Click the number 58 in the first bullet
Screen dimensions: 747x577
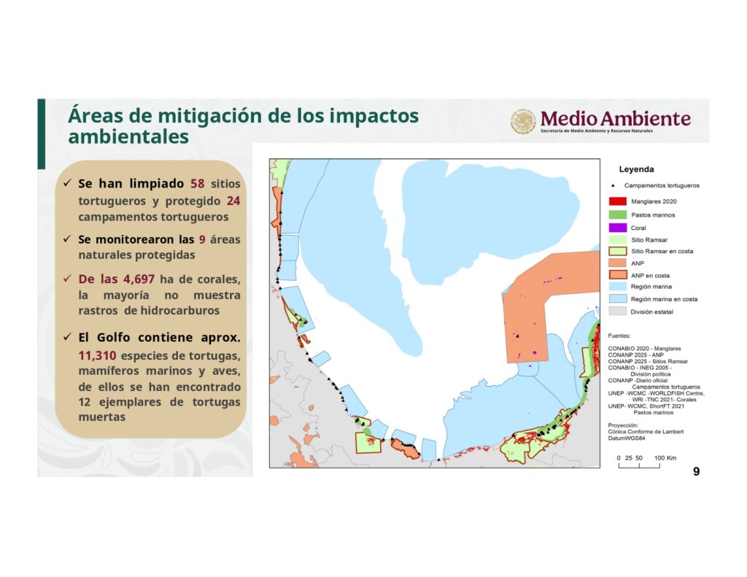coord(197,183)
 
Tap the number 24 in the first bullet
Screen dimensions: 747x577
coord(233,201)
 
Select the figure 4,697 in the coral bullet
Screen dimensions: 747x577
coord(139,279)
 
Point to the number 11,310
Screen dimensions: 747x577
coord(97,355)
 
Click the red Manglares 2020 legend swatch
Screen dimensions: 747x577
coord(618,201)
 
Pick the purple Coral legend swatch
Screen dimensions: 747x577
coord(618,228)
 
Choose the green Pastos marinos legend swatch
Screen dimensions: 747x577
coord(618,215)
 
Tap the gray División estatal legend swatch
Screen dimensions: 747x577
coord(618,311)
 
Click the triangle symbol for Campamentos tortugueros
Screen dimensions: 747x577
coord(613,185)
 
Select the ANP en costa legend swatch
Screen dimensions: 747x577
coord(618,275)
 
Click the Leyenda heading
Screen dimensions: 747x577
coord(636,169)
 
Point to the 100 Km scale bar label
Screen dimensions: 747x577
coord(665,458)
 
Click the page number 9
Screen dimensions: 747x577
coord(697,471)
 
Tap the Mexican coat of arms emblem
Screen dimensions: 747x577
coord(524,121)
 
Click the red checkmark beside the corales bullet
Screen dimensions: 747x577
coord(67,278)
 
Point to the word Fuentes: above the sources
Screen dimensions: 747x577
coord(619,336)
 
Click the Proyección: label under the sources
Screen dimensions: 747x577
coord(623,425)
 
